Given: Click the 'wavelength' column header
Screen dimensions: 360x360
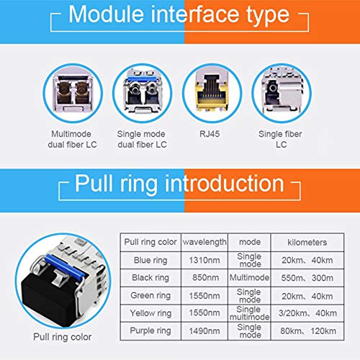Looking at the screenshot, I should click(x=204, y=242).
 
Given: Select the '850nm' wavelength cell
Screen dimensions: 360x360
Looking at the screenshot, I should click(x=204, y=277).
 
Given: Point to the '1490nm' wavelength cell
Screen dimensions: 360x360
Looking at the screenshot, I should click(x=204, y=330).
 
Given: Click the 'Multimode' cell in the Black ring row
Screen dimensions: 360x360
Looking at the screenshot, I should click(x=248, y=277).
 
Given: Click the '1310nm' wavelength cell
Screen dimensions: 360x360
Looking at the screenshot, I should click(x=204, y=260).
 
